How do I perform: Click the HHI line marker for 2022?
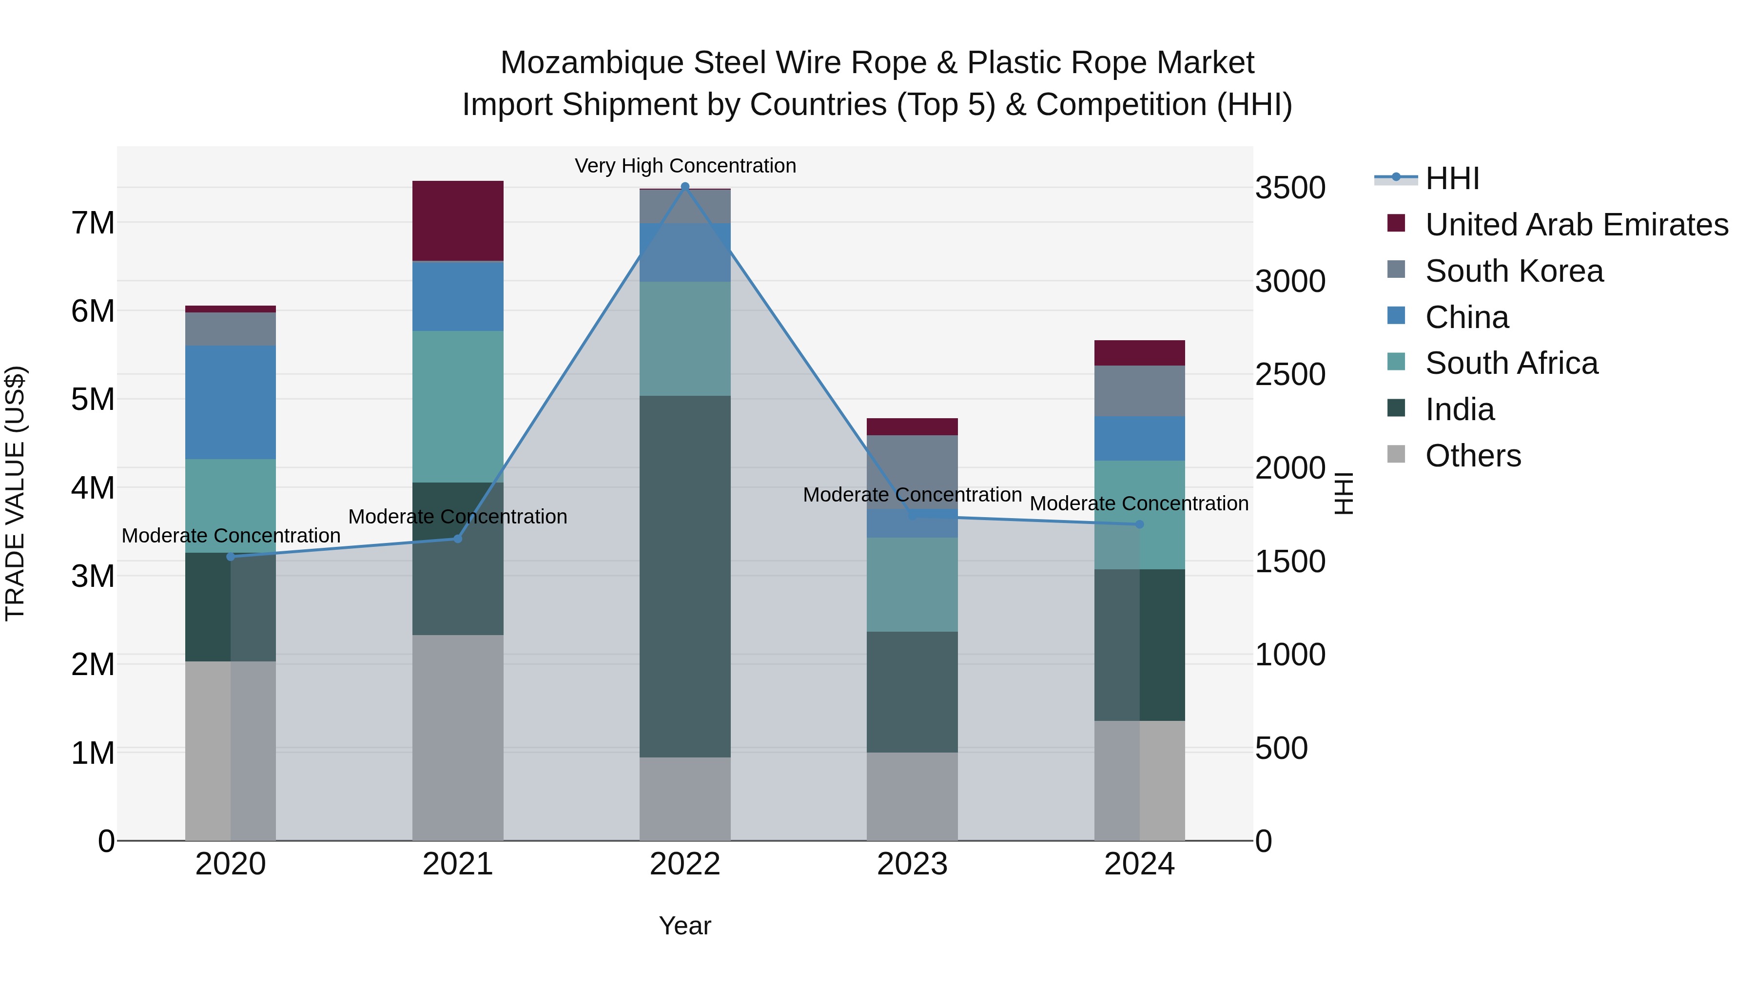(685, 186)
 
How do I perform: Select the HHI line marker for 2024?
(1139, 524)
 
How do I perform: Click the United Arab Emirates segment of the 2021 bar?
(458, 221)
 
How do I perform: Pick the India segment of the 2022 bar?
(685, 576)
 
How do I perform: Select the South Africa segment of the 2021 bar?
(458, 406)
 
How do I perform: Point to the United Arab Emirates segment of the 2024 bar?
(1139, 353)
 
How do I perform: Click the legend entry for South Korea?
(1514, 271)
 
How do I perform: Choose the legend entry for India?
(1459, 409)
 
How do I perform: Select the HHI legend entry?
(1451, 178)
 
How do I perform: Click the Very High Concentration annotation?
(685, 166)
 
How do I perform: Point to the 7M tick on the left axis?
(93, 223)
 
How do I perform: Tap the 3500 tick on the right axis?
(1289, 188)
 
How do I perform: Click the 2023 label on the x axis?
(912, 864)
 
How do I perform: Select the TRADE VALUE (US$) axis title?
(15, 493)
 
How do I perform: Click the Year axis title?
(685, 926)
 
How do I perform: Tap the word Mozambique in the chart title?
(591, 63)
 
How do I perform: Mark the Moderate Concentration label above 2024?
(1138, 503)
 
